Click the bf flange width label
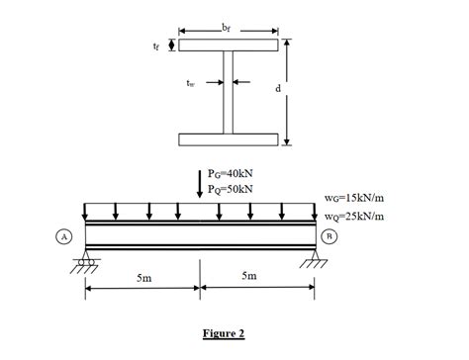coord(226,29)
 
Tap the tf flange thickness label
coord(156,46)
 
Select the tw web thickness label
coord(190,83)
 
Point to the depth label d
coord(278,88)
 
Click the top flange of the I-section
coord(229,45)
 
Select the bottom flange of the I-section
coord(229,139)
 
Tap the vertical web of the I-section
coord(228,92)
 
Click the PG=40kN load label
coord(231,173)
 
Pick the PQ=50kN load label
coord(231,189)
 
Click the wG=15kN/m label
coord(354,198)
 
